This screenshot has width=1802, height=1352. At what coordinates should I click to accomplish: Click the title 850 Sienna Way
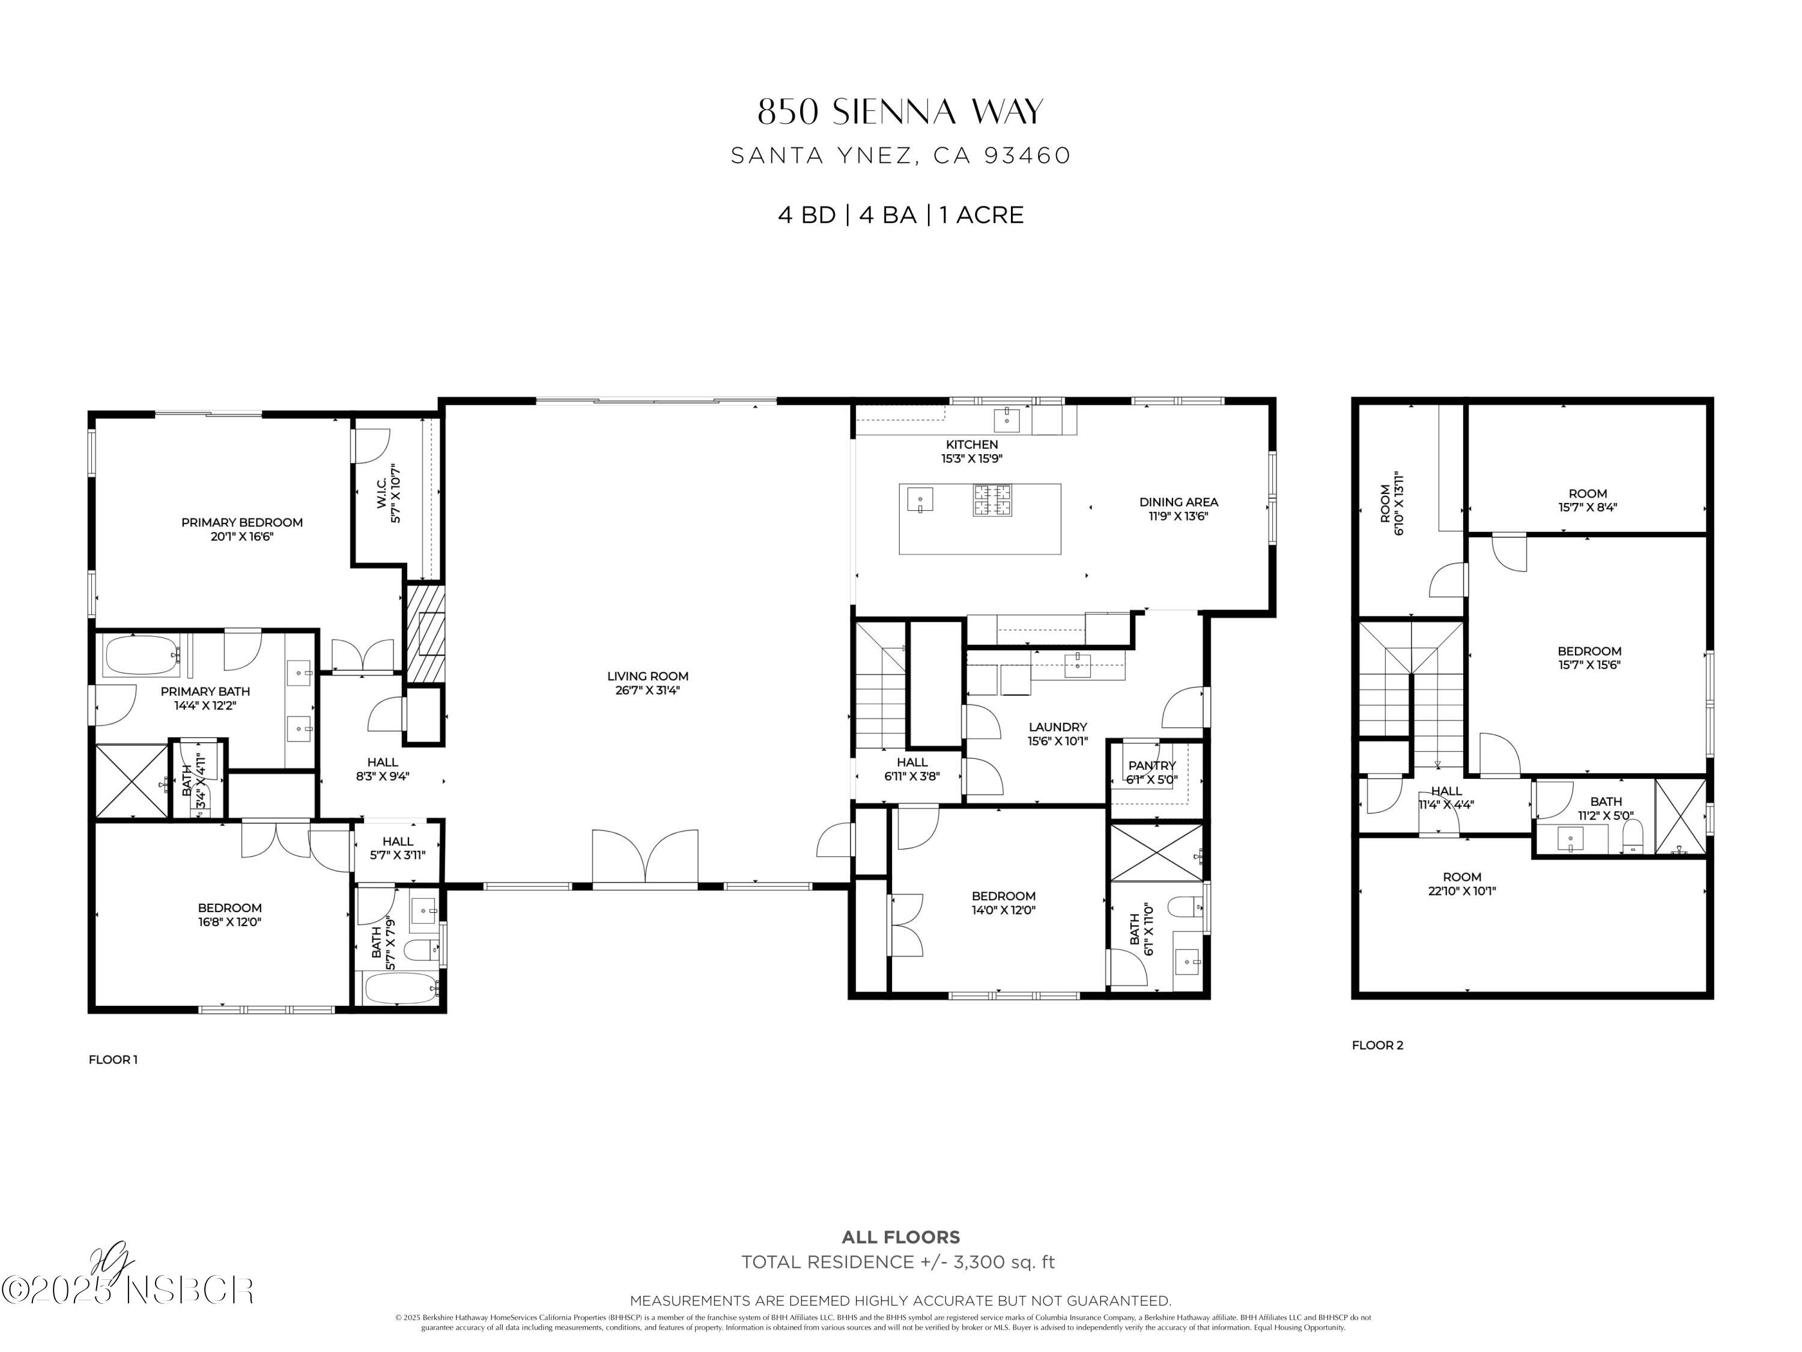point(900,112)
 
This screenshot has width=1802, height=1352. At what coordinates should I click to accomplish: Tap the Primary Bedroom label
point(242,522)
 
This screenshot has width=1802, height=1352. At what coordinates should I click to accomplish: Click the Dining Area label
point(1178,502)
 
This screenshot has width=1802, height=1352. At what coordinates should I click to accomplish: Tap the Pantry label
point(1152,766)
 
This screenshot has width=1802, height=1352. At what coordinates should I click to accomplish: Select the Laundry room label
point(1057,727)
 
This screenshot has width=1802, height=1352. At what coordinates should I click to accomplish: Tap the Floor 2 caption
point(1377,1045)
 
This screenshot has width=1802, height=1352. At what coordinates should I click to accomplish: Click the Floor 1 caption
point(114,1059)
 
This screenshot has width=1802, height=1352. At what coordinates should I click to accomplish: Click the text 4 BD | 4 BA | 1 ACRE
point(900,215)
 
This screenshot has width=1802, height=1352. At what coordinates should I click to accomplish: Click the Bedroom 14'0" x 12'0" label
point(1004,896)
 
